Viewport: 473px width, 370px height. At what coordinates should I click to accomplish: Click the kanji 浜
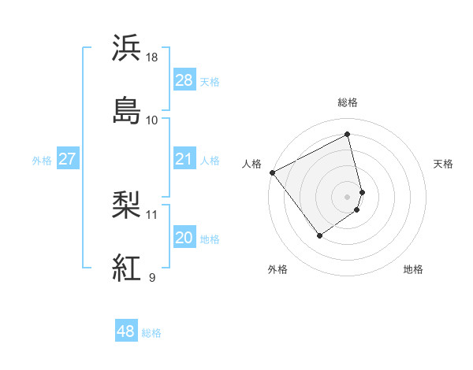127,48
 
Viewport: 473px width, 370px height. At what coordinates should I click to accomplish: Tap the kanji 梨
127,206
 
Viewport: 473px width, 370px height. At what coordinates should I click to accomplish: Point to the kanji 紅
127,268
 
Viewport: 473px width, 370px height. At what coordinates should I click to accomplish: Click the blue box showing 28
184,80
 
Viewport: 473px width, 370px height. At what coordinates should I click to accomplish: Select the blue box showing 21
184,159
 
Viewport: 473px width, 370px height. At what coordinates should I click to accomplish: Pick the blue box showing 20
184,238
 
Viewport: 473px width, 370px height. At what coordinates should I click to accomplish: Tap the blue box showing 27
67,159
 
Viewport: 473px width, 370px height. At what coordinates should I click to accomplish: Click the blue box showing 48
126,331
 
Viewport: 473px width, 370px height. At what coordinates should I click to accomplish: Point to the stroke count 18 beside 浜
153,57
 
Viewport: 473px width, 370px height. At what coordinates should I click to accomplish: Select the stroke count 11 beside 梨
152,214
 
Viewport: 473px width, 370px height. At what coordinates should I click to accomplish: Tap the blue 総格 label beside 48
151,333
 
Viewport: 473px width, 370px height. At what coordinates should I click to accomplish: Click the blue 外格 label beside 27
42,161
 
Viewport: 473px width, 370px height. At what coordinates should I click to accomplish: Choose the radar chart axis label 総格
348,102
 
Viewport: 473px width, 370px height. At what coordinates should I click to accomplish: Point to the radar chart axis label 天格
443,164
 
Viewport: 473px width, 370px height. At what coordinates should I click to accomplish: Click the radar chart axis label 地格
413,269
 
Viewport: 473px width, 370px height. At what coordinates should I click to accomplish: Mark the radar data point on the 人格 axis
272,172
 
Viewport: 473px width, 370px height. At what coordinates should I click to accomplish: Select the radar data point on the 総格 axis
348,134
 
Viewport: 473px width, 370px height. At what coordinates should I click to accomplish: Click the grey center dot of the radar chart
348,195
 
